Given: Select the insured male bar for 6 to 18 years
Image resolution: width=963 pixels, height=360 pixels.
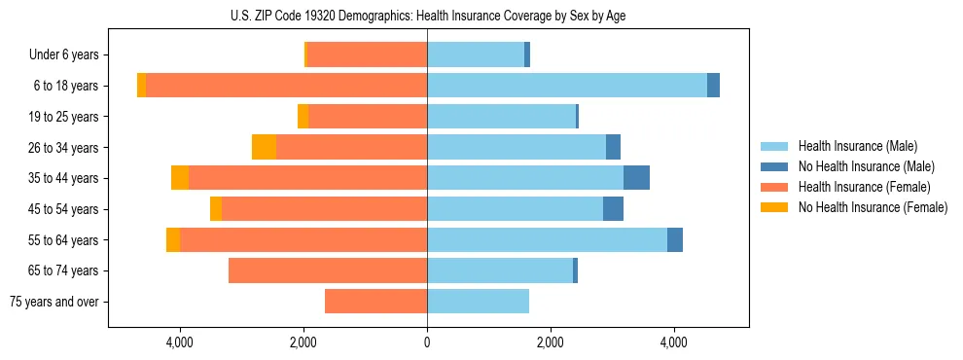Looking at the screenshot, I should tap(567, 86).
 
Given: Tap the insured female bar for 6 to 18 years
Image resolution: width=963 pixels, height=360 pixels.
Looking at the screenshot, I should tap(286, 86).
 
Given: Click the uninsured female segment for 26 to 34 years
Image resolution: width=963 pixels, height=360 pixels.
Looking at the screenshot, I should tap(264, 147).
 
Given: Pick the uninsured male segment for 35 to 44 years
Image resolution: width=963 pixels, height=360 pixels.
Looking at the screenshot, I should tap(636, 178).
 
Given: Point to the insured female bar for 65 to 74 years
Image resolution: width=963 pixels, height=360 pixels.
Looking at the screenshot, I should tap(328, 270).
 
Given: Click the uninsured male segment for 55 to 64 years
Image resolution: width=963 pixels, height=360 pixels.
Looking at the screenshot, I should tap(675, 239).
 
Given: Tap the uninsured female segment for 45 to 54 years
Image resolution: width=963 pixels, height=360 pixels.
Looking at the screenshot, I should tap(216, 209).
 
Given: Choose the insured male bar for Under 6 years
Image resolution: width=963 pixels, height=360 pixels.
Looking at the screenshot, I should tap(476, 54).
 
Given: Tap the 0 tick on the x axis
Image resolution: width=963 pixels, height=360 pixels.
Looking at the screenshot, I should tap(427, 342).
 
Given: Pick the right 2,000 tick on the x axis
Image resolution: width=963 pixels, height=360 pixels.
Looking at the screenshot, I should tap(551, 342).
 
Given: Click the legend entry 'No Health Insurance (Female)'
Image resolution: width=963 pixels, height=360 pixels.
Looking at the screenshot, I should tap(873, 207).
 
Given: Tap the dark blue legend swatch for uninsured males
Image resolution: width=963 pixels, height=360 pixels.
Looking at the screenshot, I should tap(775, 166).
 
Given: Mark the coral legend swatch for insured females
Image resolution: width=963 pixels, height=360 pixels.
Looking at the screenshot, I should tap(775, 187).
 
